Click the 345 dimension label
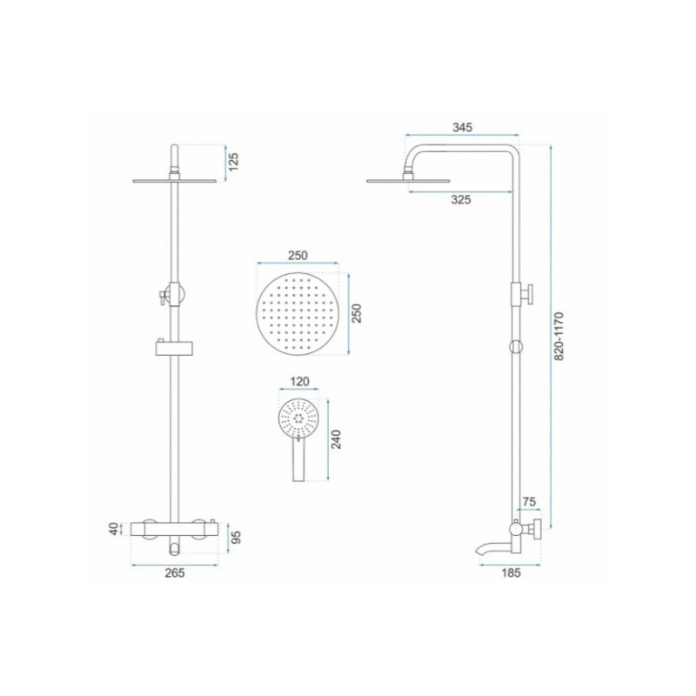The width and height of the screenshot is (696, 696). click(x=462, y=127)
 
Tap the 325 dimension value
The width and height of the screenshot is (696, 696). click(x=461, y=200)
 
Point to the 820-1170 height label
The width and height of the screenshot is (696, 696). click(x=559, y=336)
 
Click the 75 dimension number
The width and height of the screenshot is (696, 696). click(x=529, y=502)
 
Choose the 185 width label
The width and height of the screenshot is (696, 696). click(x=511, y=573)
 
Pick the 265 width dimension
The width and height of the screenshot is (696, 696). click(x=175, y=573)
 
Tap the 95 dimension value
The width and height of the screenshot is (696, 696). click(x=236, y=538)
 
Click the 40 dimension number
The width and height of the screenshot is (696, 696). click(x=115, y=529)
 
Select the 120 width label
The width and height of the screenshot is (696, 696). click(x=299, y=381)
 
